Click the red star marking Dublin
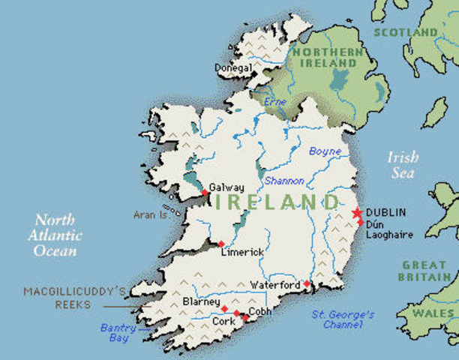357,213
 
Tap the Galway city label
226,187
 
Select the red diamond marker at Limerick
220,244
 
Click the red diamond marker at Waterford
307,283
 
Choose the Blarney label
202,301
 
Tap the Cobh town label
260,310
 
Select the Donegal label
233,67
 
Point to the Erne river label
276,101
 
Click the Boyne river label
325,151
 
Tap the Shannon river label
284,181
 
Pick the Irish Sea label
402,165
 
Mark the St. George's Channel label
343,319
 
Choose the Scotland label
405,32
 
